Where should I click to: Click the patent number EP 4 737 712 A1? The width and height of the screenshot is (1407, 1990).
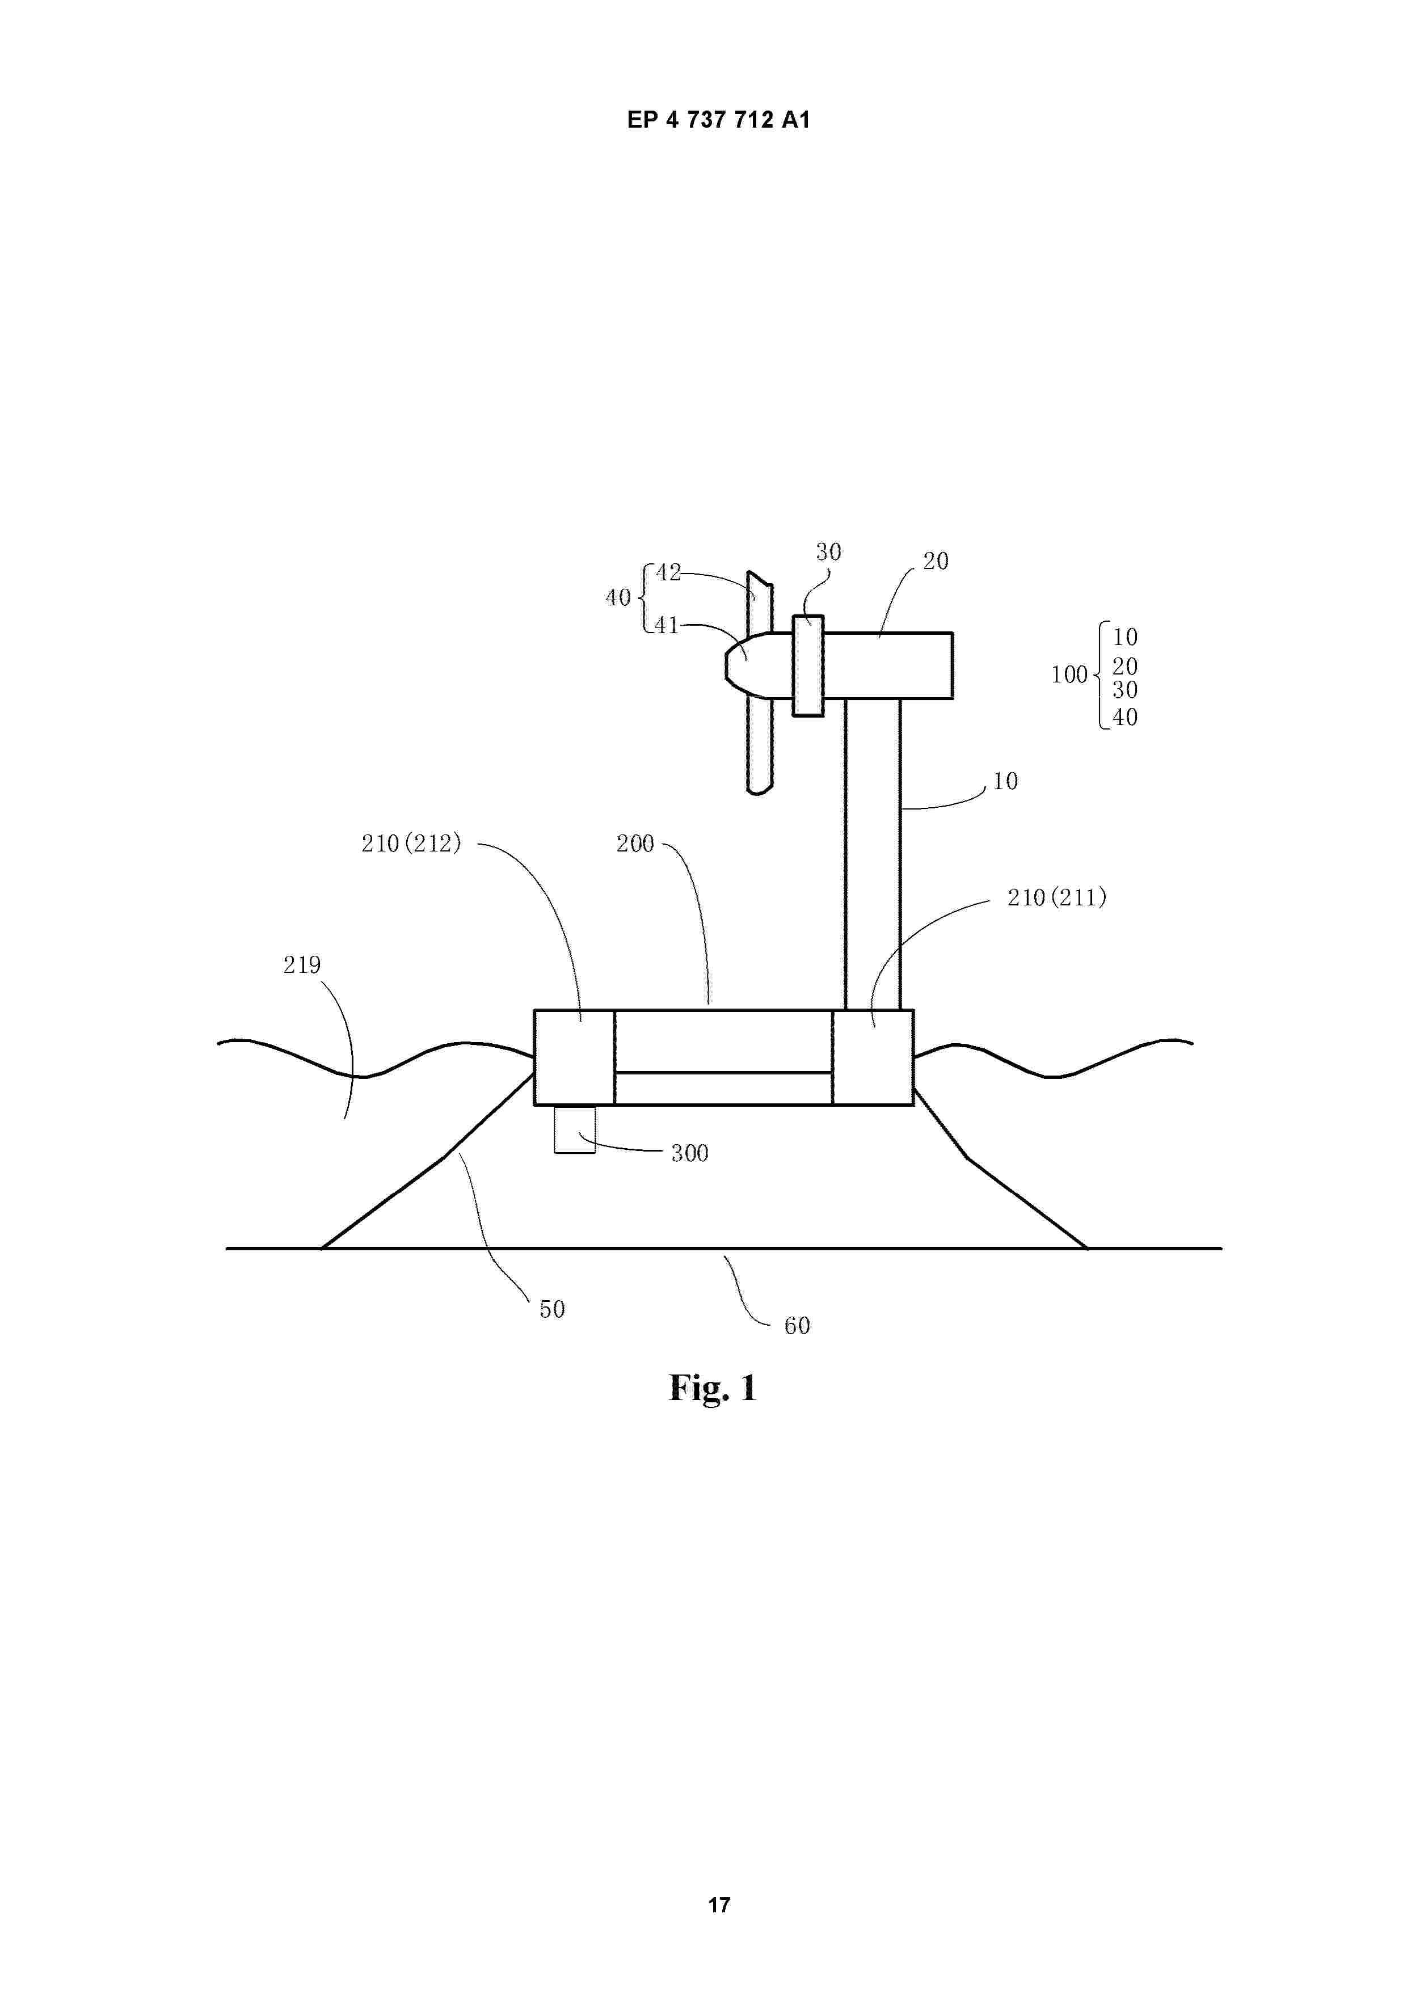719,120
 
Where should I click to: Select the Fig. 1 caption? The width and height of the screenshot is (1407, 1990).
713,1388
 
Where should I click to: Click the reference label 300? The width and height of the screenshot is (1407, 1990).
690,1153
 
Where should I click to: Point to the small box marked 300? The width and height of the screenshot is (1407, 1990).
575,1129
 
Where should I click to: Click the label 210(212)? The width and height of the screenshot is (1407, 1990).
411,844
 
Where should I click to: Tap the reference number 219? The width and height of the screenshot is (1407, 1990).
302,965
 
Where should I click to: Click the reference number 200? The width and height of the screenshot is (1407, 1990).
635,844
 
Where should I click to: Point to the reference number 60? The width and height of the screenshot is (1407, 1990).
797,1325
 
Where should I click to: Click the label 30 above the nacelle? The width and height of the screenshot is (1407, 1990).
829,552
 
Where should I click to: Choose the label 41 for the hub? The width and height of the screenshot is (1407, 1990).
667,625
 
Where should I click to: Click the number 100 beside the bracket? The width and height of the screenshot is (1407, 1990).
1069,674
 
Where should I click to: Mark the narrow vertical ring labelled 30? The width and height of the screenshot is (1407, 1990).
808,665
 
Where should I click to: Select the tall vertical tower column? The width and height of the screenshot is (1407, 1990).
873,854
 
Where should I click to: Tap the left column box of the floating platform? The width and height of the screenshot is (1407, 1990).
575,1057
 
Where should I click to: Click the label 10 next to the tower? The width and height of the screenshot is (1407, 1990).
1005,781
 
